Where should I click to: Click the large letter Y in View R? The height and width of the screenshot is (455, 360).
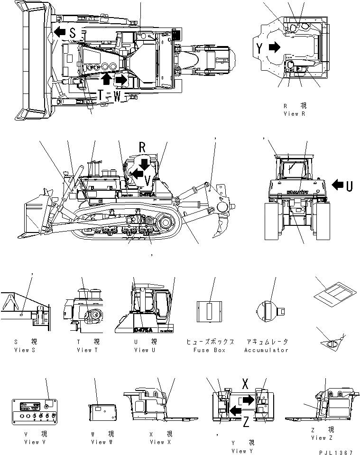click(259, 47)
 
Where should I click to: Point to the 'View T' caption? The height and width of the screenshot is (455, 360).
click(88, 350)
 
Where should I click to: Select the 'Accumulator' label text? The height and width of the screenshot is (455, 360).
click(266, 350)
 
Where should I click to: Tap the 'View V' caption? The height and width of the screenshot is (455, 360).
click(35, 442)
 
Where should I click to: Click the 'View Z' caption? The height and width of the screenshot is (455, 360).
click(319, 438)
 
